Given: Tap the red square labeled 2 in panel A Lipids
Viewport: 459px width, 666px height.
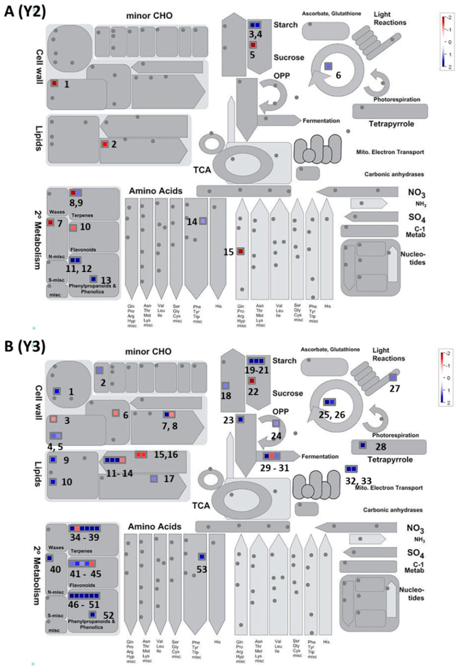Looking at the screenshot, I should (x=105, y=144).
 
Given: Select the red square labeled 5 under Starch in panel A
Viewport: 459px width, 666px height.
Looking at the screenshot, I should (x=253, y=45).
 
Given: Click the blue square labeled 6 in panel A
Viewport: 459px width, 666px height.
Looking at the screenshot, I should (x=328, y=66).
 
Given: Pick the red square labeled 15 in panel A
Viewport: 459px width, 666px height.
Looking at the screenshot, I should (x=241, y=251).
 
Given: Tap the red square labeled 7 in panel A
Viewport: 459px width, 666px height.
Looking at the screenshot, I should (x=51, y=222).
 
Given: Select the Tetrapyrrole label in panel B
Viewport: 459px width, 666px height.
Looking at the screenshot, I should (x=390, y=459).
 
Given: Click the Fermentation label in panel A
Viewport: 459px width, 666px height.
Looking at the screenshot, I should (x=321, y=121).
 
